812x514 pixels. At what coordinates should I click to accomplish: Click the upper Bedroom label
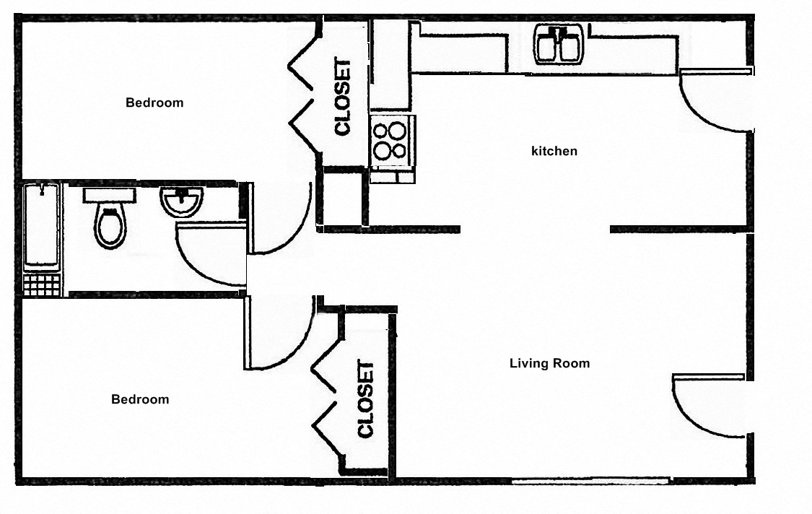(154, 103)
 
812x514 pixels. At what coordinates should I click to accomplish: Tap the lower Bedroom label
(140, 399)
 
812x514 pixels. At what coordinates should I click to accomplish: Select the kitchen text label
(554, 152)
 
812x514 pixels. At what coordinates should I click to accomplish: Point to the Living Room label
(549, 363)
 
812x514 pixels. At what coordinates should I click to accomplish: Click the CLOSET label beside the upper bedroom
(342, 97)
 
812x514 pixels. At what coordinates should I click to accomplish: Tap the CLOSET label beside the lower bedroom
(366, 399)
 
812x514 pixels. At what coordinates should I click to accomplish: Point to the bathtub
(41, 225)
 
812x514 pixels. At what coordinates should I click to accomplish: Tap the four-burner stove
(390, 141)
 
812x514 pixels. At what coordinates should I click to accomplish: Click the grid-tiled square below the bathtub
(42, 284)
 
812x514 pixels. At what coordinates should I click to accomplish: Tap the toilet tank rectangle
(109, 195)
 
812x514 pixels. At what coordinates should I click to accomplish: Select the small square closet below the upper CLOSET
(341, 197)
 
